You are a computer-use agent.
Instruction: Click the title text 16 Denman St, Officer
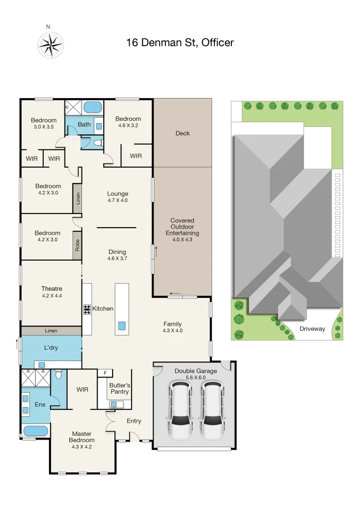(180, 43)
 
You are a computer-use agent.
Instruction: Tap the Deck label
(182, 133)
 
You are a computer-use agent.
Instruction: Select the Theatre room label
(51, 289)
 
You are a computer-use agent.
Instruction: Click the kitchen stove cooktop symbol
(87, 309)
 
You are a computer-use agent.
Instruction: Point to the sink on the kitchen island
(122, 325)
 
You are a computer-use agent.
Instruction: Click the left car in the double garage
(179, 409)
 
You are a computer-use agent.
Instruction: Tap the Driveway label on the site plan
(312, 328)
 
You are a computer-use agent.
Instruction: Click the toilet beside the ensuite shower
(58, 375)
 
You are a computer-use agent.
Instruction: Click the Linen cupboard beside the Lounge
(77, 198)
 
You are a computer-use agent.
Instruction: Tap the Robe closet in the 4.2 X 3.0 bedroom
(77, 245)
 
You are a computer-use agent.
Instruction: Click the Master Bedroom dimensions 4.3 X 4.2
(83, 447)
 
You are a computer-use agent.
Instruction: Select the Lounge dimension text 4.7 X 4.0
(117, 200)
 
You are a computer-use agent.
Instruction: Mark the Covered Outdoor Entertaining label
(182, 227)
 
